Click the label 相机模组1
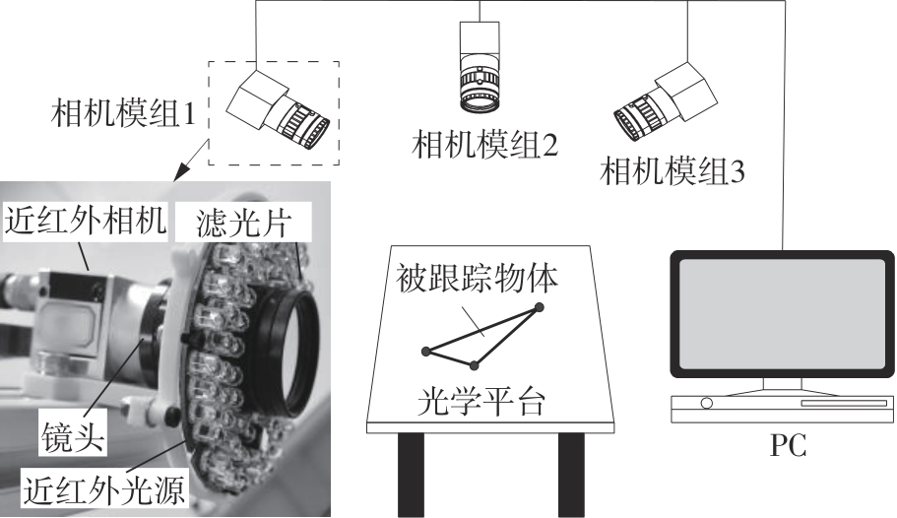(123, 113)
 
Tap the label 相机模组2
(485, 144)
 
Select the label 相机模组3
(673, 170)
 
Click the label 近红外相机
(86, 220)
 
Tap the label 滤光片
(244, 223)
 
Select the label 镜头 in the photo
(73, 439)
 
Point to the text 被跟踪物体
(478, 279)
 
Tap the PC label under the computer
(789, 445)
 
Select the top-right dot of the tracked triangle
(539, 307)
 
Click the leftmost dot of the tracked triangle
(425, 351)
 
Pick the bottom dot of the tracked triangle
(475, 364)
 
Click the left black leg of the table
(411, 475)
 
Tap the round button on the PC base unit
(707, 404)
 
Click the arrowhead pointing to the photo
(181, 171)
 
